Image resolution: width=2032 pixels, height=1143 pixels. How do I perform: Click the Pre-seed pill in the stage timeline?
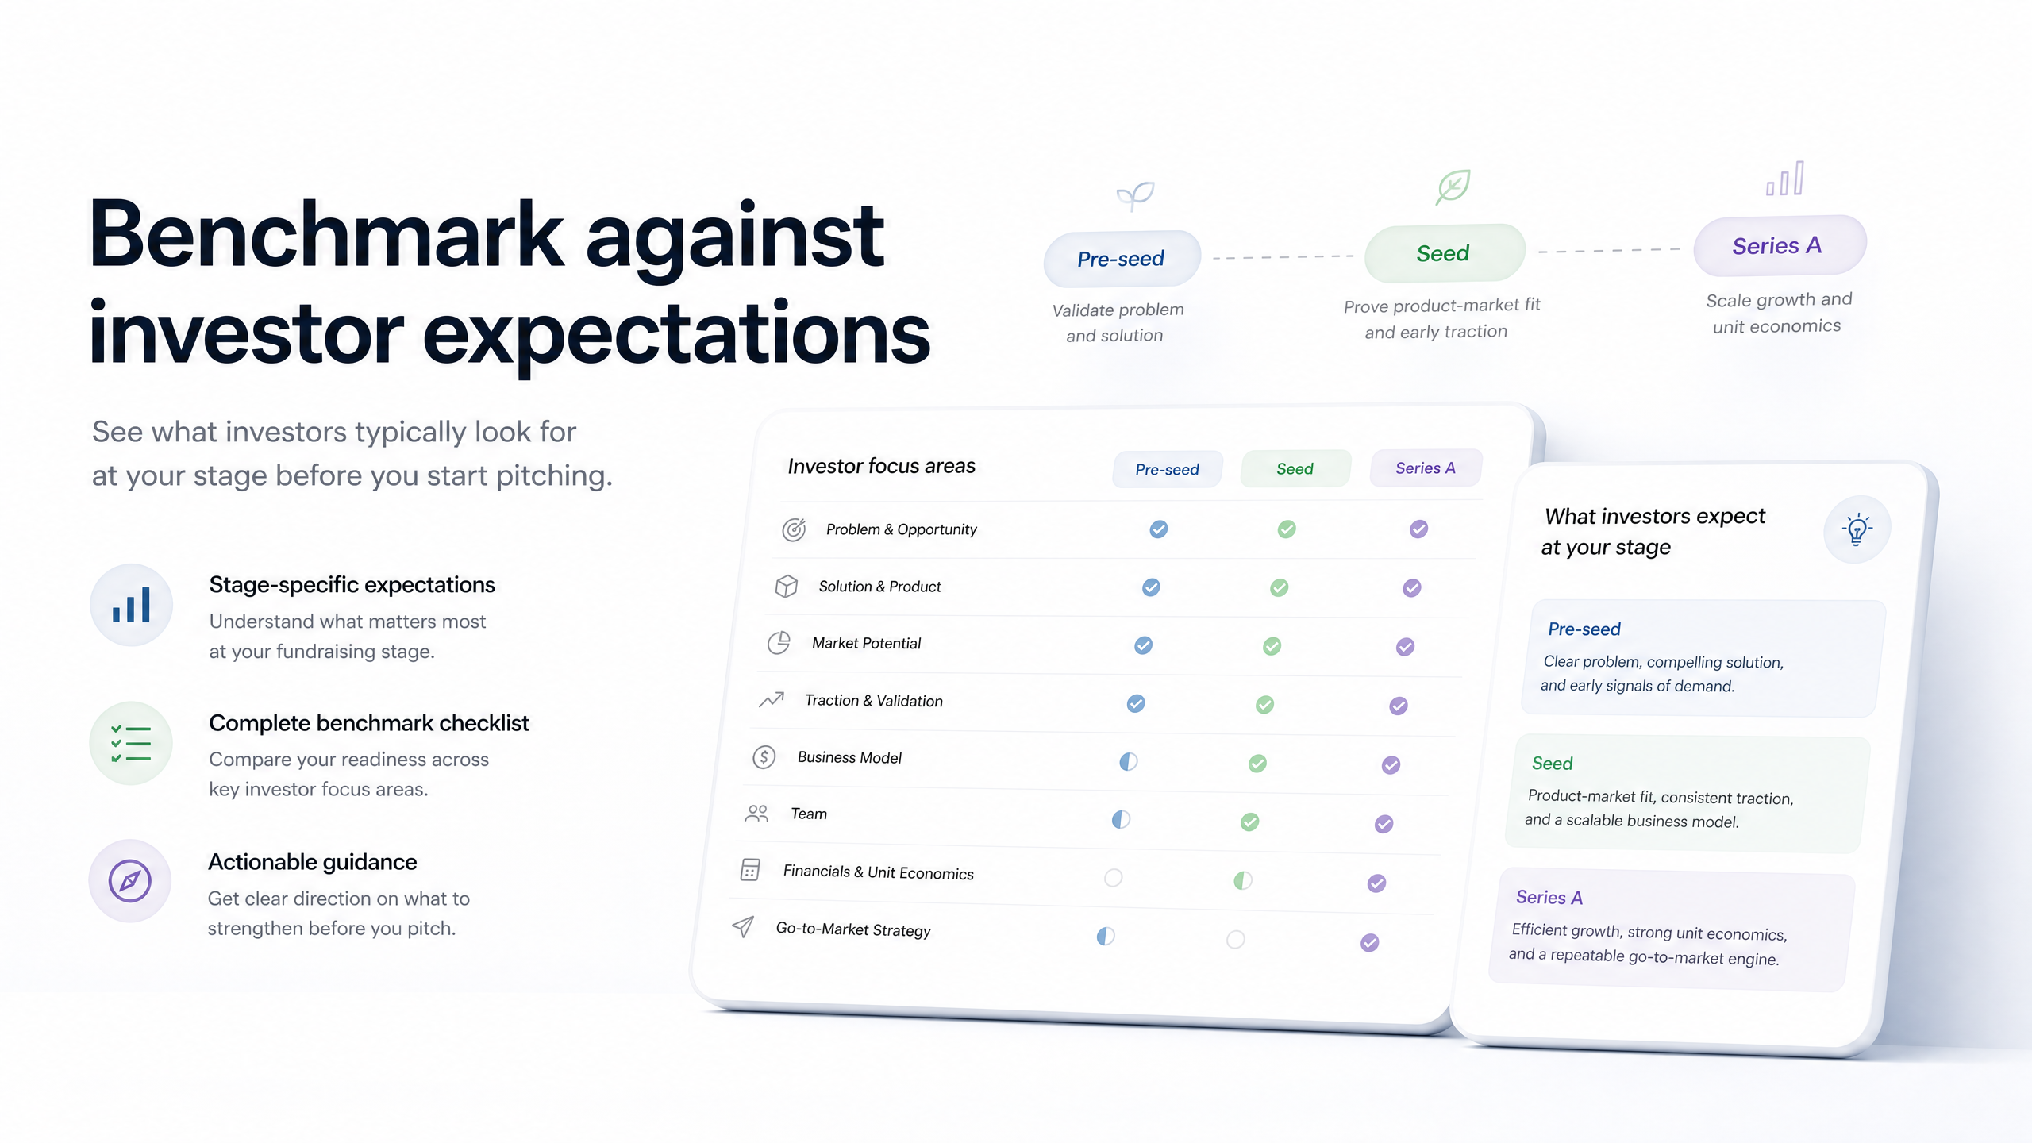coord(1122,259)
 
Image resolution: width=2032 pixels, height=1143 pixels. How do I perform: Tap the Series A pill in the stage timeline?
coord(1779,245)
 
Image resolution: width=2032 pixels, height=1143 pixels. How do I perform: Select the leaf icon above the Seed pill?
coord(1453,187)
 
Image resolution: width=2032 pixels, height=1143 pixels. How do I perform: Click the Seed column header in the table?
coord(1295,468)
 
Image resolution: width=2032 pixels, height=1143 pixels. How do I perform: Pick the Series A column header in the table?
coord(1426,468)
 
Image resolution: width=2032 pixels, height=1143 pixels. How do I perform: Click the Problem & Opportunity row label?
coord(901,529)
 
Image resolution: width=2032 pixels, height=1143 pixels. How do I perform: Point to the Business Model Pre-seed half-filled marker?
coord(1128,762)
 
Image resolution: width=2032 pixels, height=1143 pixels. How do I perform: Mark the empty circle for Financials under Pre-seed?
coord(1114,877)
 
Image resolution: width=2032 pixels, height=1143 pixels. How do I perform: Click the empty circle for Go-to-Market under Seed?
coord(1235,940)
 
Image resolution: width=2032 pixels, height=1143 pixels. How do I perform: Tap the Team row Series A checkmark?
coord(1384,824)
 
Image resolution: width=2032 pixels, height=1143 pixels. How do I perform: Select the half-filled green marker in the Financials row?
coord(1243,880)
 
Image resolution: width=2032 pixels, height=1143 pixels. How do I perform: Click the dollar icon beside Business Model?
coord(764,757)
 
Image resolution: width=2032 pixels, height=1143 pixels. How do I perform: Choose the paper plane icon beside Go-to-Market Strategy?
coord(743,926)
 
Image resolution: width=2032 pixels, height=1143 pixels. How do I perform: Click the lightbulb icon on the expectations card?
coord(1857,529)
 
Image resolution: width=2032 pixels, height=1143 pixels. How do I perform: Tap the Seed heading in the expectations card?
coord(1552,764)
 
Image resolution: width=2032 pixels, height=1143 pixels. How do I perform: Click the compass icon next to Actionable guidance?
coord(130,881)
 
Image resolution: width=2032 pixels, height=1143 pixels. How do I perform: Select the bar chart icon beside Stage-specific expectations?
coord(131,605)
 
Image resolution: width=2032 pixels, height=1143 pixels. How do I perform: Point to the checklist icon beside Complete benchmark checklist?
coord(131,744)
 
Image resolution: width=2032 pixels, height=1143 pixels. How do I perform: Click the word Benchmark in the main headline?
coord(326,235)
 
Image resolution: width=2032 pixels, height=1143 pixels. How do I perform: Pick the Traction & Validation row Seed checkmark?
coord(1264,705)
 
